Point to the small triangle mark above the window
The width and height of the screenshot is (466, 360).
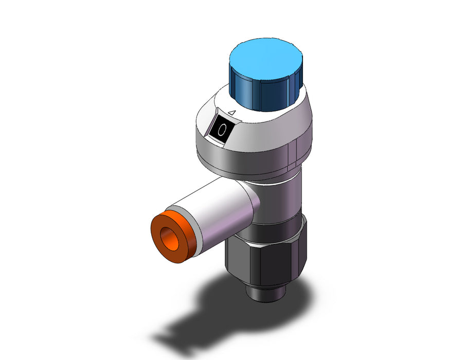[232, 113]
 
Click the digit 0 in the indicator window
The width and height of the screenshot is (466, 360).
[222, 130]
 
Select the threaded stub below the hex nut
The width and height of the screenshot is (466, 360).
[266, 293]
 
